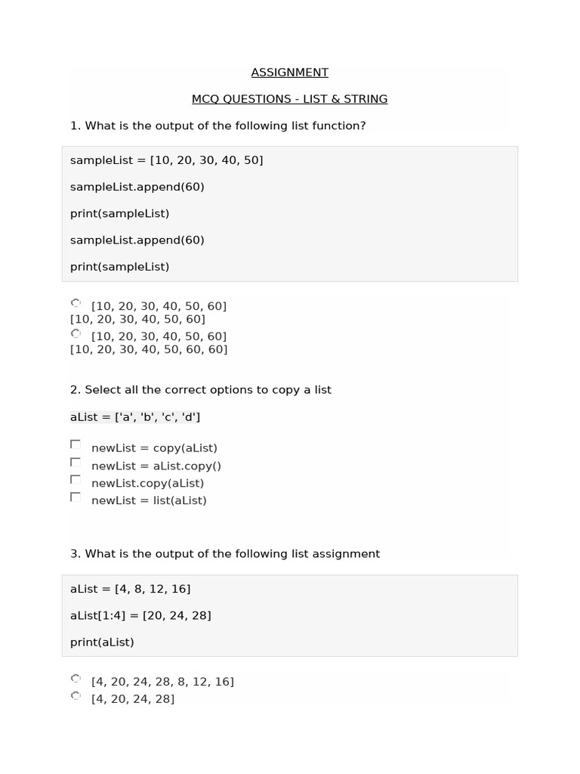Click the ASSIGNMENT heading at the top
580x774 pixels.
(x=289, y=73)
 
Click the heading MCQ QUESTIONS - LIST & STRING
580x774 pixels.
(x=289, y=99)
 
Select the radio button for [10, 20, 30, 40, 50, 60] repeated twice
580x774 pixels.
(x=76, y=304)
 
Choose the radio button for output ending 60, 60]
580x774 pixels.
(x=76, y=333)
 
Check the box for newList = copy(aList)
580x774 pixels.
(x=76, y=444)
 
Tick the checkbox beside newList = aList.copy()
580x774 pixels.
(x=76, y=462)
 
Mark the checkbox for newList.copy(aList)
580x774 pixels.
(x=76, y=479)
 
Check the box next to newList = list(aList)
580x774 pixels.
(x=76, y=497)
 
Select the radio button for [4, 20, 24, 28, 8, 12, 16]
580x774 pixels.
(x=76, y=679)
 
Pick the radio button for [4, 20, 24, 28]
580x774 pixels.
(x=76, y=696)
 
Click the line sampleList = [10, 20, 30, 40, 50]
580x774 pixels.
(x=166, y=160)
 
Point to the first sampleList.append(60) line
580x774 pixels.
(x=137, y=187)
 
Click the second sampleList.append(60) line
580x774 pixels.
(x=137, y=240)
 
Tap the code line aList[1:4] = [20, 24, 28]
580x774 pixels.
(x=140, y=615)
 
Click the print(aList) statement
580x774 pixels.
(x=102, y=642)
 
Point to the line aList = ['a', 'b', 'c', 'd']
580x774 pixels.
(x=135, y=416)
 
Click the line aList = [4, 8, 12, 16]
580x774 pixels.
(x=130, y=589)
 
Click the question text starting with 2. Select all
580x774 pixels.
(x=201, y=390)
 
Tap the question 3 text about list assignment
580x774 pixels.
(x=225, y=554)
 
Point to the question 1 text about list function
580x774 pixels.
(x=217, y=125)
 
